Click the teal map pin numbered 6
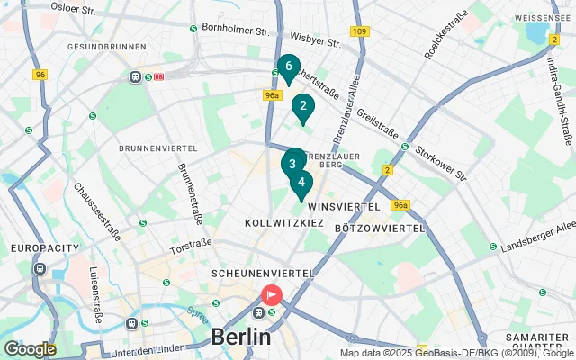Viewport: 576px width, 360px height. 288,67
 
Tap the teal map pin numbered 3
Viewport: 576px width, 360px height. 292,164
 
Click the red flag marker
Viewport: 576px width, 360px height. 271,294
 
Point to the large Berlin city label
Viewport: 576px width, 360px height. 240,337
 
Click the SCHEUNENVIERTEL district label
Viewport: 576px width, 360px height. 262,273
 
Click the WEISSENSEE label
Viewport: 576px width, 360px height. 544,17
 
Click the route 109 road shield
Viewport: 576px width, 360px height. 360,32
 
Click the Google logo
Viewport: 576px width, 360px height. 30,348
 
